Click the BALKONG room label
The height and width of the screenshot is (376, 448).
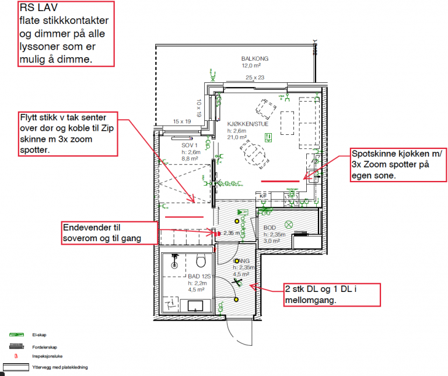pyautogui.click(x=254, y=59)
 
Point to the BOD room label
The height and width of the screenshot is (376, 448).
pyautogui.click(x=269, y=228)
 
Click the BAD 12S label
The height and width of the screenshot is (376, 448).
pyautogui.click(x=199, y=276)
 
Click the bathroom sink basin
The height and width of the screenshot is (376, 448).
pyautogui.click(x=195, y=304)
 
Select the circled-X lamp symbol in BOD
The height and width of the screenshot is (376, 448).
pyautogui.click(x=288, y=224)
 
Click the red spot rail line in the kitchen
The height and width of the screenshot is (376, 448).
pyautogui.click(x=280, y=182)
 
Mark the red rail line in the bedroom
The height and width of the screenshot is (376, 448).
pyautogui.click(x=184, y=217)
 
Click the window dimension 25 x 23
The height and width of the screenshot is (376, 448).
pyautogui.click(x=255, y=78)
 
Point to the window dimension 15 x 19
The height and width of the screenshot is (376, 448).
pyautogui.click(x=182, y=121)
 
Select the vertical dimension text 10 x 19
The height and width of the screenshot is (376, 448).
pyautogui.click(x=198, y=108)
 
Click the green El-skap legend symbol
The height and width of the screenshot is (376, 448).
pyautogui.click(x=16, y=335)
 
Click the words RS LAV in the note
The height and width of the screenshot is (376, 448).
pyautogui.click(x=36, y=9)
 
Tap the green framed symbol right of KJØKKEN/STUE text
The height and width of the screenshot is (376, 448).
pyautogui.click(x=269, y=137)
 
